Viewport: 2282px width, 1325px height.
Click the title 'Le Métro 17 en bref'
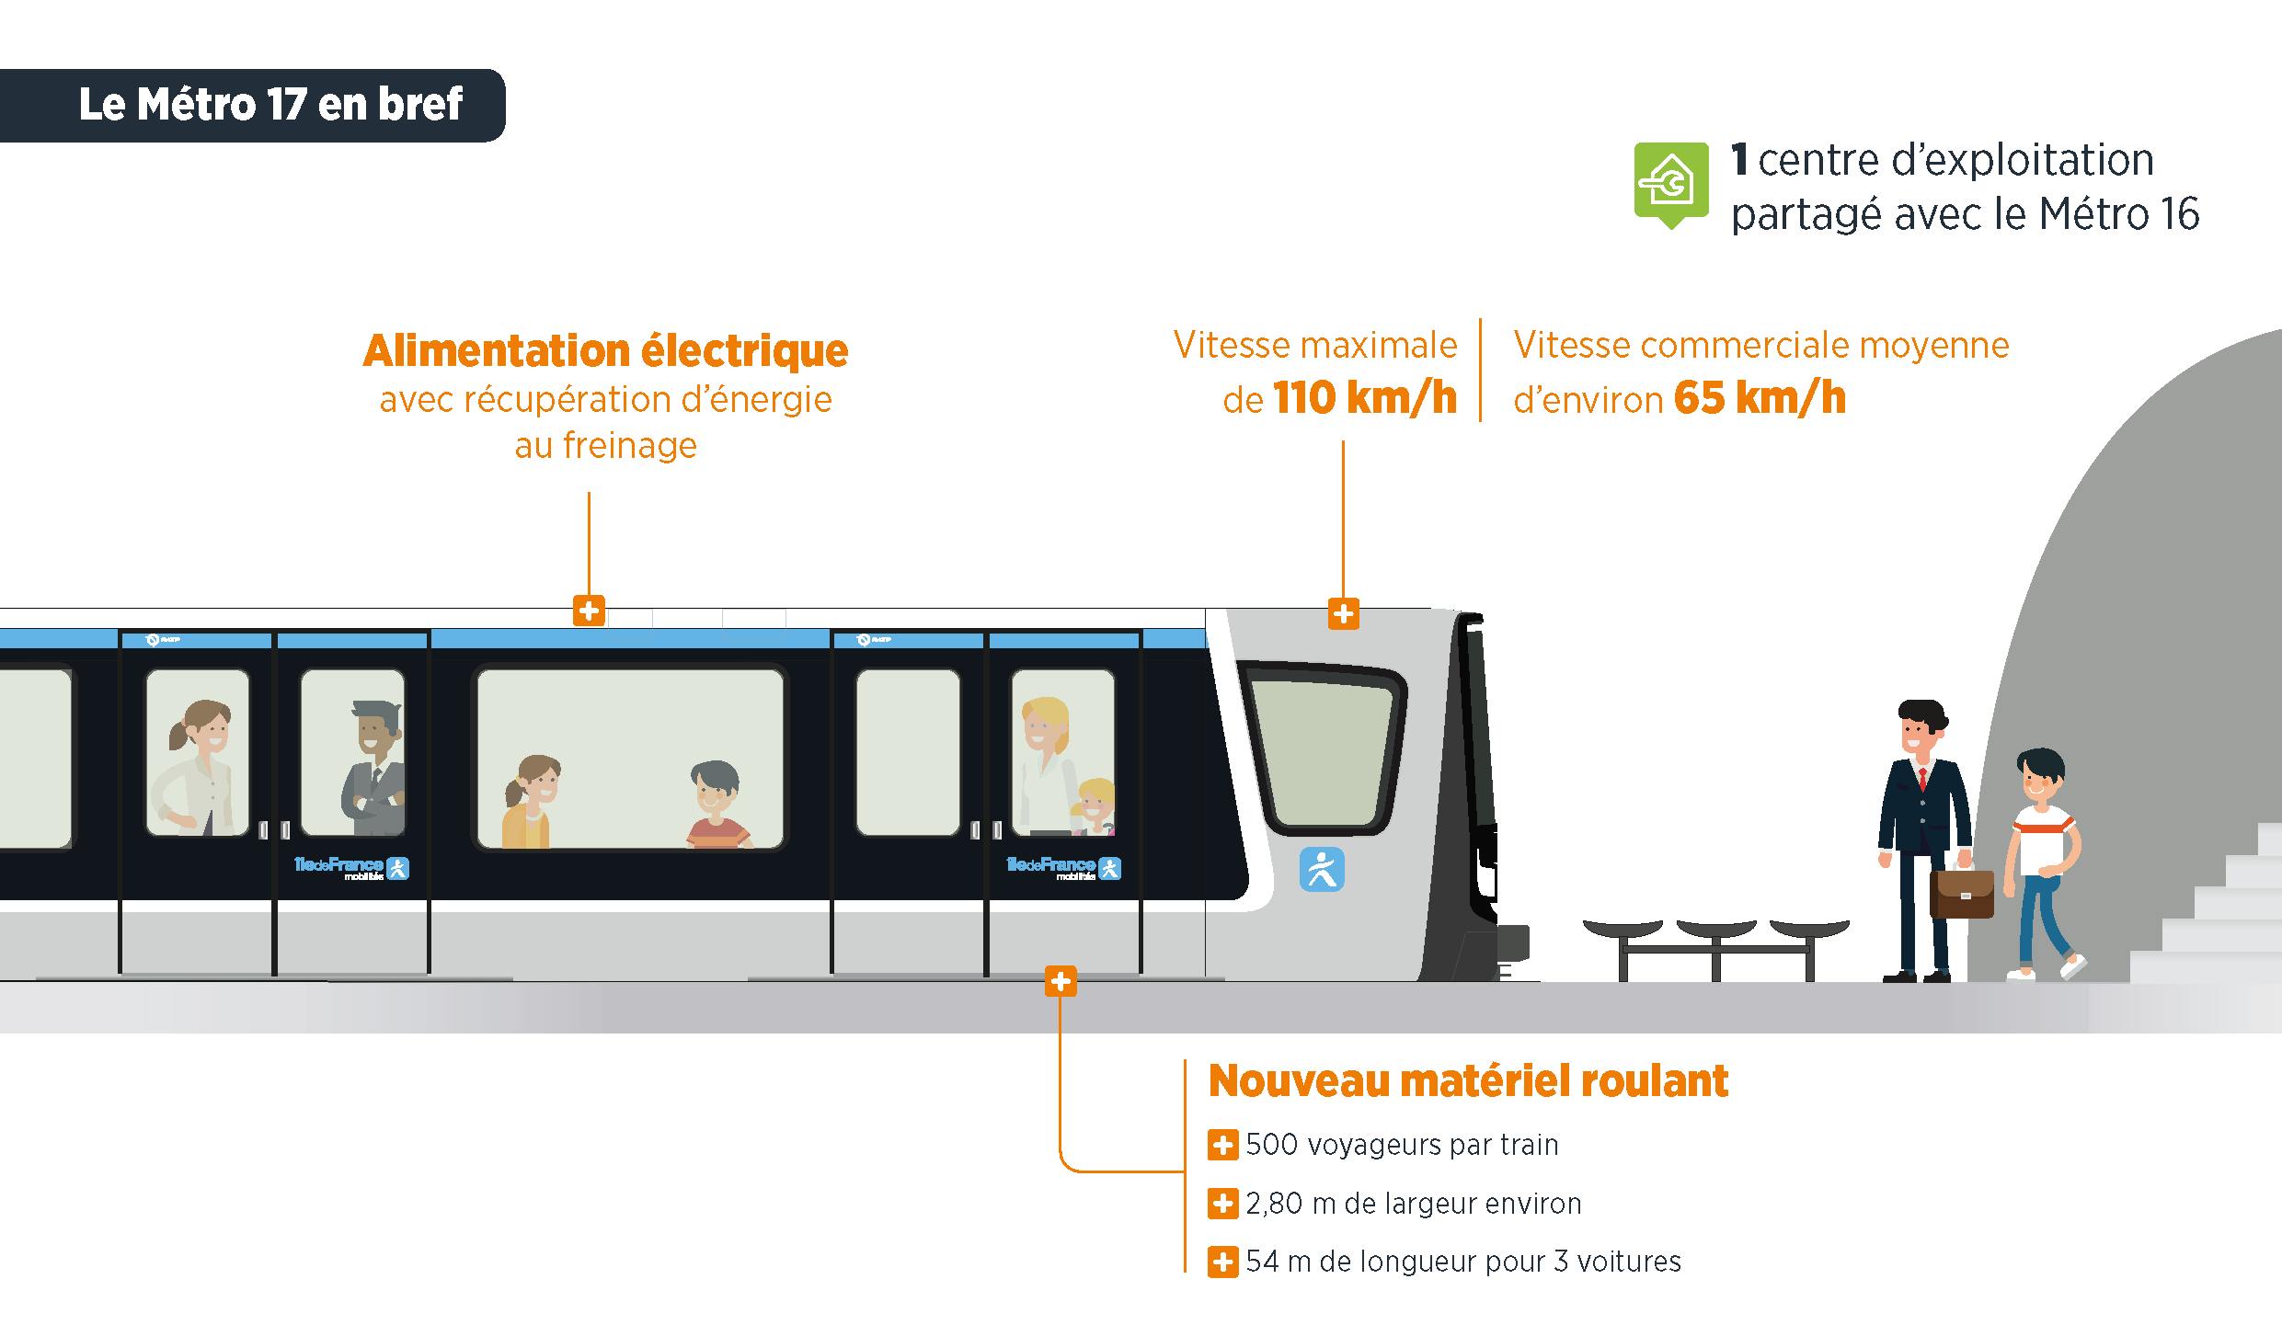269,104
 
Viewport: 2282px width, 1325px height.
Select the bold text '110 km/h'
1365,399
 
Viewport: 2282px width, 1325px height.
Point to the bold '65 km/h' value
1760,399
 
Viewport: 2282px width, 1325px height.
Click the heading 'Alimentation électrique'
605,350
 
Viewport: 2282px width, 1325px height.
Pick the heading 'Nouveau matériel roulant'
1468,1081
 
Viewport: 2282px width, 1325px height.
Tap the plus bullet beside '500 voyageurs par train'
1222,1146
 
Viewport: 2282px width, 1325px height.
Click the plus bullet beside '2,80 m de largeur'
1222,1204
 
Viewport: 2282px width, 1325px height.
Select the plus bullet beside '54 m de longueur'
1222,1262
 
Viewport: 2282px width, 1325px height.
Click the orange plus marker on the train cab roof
1344,613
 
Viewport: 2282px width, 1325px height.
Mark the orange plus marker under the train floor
1061,982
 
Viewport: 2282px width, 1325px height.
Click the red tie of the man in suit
1921,778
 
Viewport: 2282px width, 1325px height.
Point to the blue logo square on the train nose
1322,870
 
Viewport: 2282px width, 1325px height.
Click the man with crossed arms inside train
373,768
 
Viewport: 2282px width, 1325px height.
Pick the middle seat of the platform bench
1716,931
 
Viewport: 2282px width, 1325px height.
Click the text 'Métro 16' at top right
2119,215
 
